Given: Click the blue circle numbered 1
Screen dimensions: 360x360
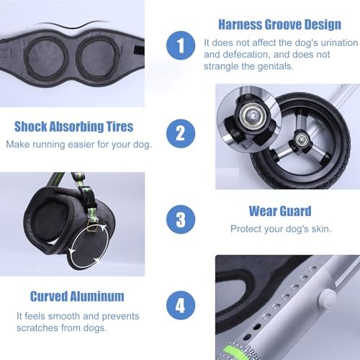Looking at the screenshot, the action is (x=181, y=45).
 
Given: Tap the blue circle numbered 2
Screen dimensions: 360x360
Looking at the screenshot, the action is (x=181, y=133).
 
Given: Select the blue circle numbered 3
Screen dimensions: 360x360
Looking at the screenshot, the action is (x=181, y=220).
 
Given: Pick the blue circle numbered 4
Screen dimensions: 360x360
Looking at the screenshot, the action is (x=181, y=305).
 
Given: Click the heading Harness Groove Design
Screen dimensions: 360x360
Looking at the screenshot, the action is (x=279, y=24).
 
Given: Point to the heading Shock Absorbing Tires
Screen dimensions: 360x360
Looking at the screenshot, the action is (x=73, y=127).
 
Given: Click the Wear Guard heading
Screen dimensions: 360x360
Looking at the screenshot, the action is (x=280, y=211).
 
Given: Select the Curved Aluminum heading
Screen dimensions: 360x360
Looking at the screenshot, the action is (x=77, y=297).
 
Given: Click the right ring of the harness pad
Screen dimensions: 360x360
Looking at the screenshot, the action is (x=99, y=57).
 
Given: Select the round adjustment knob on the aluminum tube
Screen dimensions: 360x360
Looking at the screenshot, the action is (x=327, y=298).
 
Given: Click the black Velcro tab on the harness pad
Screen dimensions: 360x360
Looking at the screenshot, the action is (x=139, y=50).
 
